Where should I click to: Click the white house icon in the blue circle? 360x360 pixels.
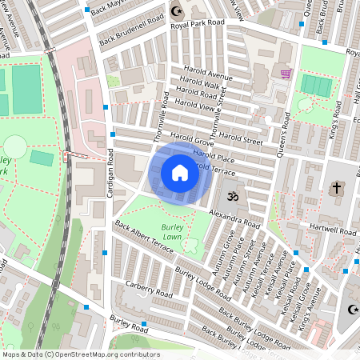180,173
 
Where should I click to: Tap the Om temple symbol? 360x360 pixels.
234,194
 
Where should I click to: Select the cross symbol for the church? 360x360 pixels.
337,190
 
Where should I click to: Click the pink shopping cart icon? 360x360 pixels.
286,74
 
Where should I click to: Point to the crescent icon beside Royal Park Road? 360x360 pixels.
177,11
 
